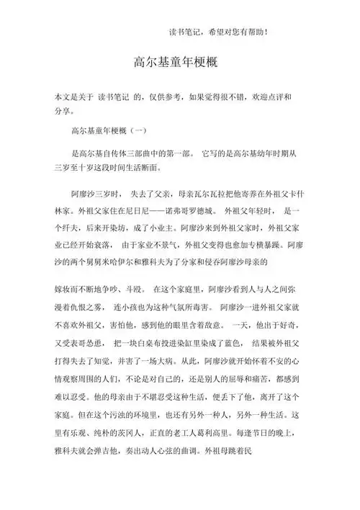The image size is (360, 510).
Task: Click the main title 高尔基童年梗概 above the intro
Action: [x=179, y=63]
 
